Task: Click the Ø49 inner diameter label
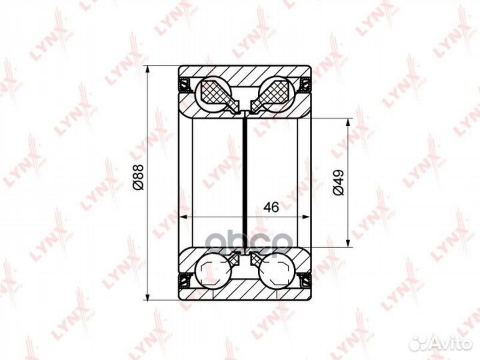[x=339, y=183]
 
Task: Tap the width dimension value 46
[x=271, y=207]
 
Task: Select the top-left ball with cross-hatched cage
[x=213, y=94]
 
